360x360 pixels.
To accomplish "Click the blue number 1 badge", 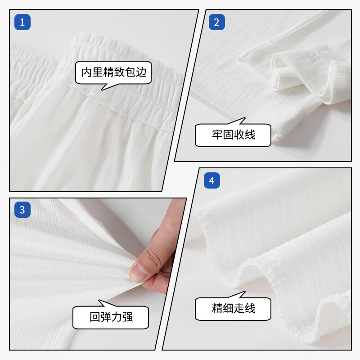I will pyautogui.click(x=22, y=22).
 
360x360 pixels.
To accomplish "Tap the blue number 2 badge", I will pyautogui.click(x=216, y=22).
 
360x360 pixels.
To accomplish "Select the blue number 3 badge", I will pyautogui.click(x=22, y=209).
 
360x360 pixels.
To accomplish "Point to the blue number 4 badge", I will pyautogui.click(x=212, y=181).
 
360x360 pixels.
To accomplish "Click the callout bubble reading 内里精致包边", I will pyautogui.click(x=114, y=72).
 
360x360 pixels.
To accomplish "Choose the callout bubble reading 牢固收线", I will pyautogui.click(x=233, y=135).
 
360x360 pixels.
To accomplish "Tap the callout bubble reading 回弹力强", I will pyautogui.click(x=111, y=317).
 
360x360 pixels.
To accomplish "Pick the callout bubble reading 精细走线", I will pyautogui.click(x=233, y=308).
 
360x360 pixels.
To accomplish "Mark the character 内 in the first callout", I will pyautogui.click(x=87, y=72).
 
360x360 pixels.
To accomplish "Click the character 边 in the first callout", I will pyautogui.click(x=142, y=72).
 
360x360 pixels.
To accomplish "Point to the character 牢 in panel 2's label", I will pyautogui.click(x=217, y=135).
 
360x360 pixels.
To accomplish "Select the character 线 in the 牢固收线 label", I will pyautogui.click(x=250, y=135).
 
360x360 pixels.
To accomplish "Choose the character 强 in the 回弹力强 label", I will pyautogui.click(x=128, y=317).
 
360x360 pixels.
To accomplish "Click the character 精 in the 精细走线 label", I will pyautogui.click(x=217, y=308).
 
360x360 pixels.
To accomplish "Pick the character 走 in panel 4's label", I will pyautogui.click(x=239, y=308).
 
